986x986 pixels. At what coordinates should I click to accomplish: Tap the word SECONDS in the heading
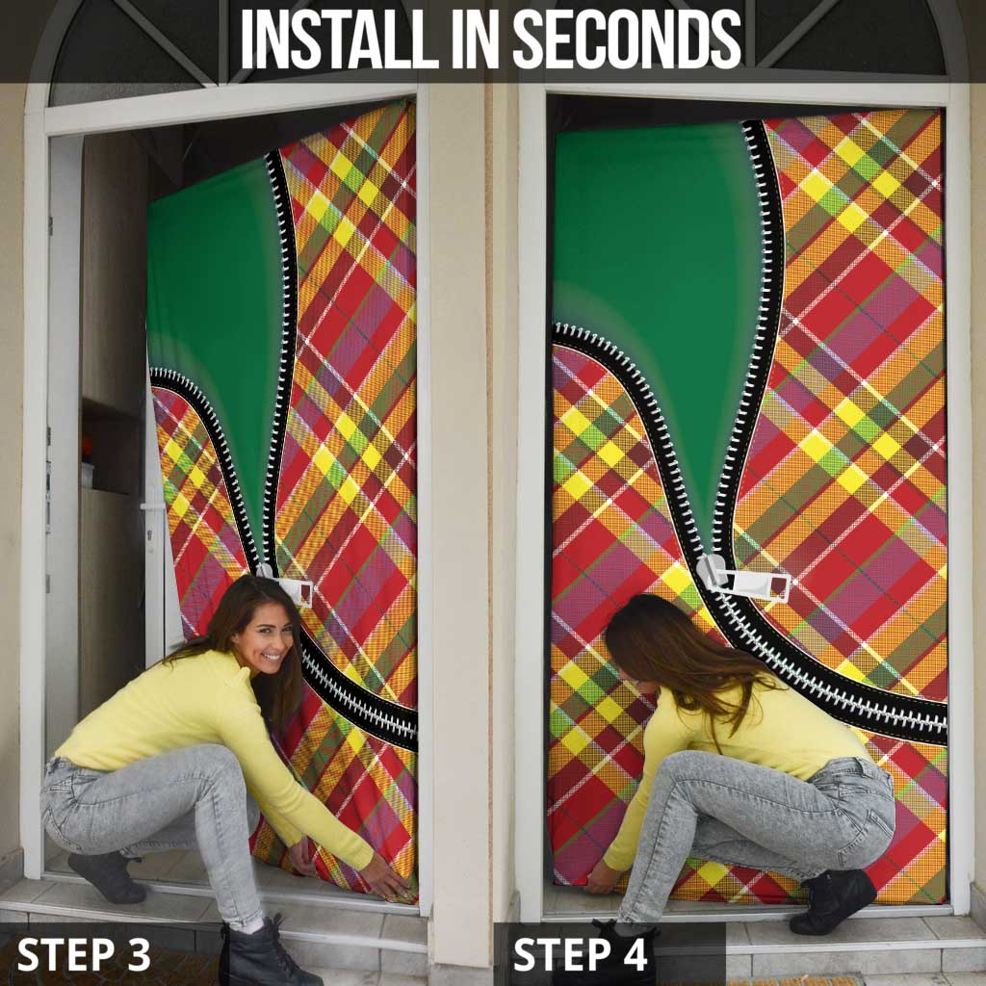(627, 39)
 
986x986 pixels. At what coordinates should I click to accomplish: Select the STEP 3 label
(84, 954)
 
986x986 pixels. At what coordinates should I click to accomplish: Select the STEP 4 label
(580, 954)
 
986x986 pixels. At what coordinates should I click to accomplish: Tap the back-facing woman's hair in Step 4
(674, 655)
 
